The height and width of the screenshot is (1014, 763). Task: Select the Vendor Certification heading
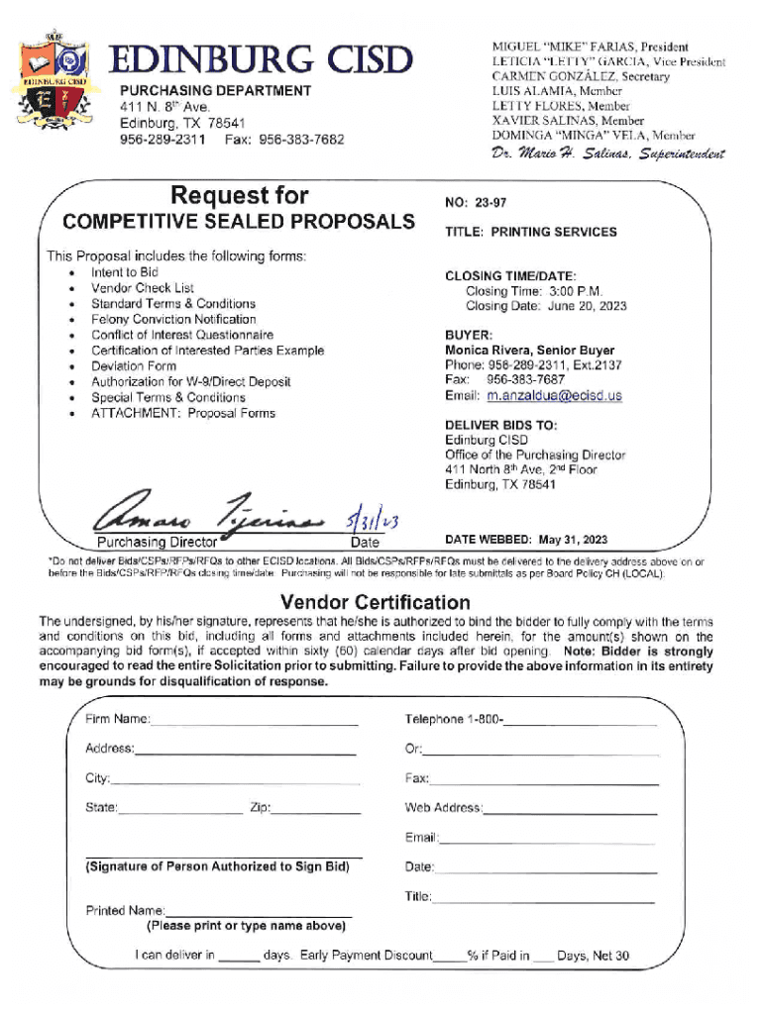point(376,602)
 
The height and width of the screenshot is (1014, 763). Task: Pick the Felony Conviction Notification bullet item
point(173,320)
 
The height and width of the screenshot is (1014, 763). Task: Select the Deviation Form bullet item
point(134,366)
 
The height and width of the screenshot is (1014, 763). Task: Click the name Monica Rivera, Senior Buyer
point(529,351)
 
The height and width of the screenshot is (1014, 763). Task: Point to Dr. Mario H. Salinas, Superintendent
point(607,154)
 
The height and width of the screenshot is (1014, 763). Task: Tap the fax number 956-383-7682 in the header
point(301,140)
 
